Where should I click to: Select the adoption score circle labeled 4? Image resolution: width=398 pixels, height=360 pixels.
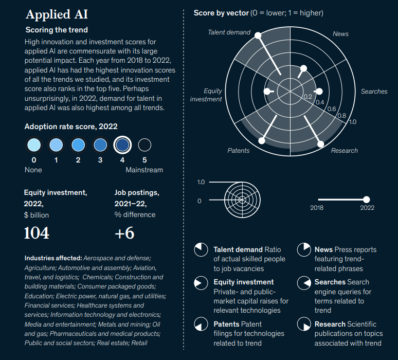point(122,145)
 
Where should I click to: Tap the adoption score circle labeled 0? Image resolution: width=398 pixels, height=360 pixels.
point(33,145)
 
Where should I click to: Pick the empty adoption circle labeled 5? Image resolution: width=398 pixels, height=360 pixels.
point(144,145)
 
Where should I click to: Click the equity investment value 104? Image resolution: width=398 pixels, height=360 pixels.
point(37,233)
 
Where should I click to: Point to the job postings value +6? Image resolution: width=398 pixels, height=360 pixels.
point(124,233)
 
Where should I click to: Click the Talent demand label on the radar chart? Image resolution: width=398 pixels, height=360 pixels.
point(229,32)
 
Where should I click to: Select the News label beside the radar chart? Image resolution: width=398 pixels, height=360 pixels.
point(340,34)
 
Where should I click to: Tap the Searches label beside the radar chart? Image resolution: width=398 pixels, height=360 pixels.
point(374,92)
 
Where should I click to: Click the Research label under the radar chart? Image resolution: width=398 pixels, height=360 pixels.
point(344,151)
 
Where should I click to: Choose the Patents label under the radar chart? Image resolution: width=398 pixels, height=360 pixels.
point(238,151)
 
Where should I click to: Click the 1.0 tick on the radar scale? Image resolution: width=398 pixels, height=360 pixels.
point(352,122)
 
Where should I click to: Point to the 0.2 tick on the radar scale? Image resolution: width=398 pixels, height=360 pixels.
point(307,96)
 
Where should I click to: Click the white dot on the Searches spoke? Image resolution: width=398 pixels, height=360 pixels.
point(319,92)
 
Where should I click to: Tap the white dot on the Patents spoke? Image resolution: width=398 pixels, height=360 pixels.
point(262,140)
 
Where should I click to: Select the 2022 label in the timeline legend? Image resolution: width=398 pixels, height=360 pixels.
point(367,208)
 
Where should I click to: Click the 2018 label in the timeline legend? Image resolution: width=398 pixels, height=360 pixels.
point(317,208)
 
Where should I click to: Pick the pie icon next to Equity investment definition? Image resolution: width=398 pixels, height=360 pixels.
point(200,283)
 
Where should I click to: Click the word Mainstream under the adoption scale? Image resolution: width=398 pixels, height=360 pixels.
point(144,170)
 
